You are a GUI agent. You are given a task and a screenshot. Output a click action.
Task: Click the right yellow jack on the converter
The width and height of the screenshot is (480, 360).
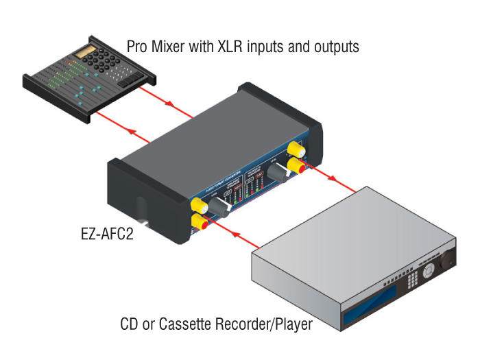pos(296,148)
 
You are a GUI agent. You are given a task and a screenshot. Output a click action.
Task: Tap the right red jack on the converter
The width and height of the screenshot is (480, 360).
pos(298,165)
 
